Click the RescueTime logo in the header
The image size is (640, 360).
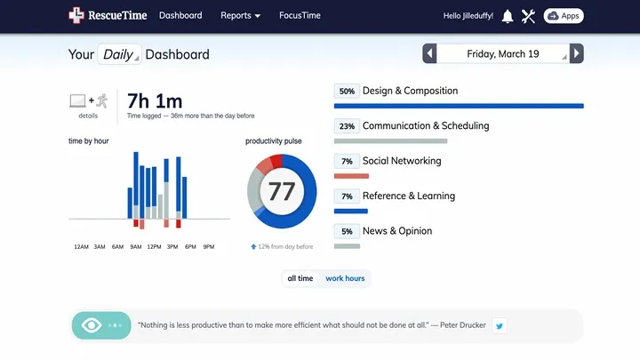click(x=108, y=15)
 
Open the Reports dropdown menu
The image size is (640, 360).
click(x=240, y=16)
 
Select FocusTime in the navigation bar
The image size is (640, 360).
click(x=300, y=16)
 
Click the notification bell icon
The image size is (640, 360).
click(x=508, y=16)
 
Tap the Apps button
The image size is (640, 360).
click(x=564, y=16)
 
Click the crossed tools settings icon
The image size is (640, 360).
click(x=529, y=16)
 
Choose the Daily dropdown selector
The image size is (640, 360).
click(x=119, y=54)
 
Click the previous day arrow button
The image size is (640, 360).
click(x=430, y=54)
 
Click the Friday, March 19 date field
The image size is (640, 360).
click(x=503, y=54)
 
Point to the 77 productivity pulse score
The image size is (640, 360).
click(x=281, y=191)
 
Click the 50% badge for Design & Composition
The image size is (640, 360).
click(x=347, y=92)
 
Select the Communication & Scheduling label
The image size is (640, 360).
click(x=426, y=126)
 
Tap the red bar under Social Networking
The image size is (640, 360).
click(x=352, y=176)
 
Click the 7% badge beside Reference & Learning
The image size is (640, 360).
click(x=347, y=196)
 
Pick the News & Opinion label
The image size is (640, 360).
click(x=397, y=231)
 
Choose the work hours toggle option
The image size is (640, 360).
click(x=345, y=278)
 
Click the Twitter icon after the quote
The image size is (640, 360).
click(x=500, y=325)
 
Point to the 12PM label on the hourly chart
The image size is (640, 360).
click(x=154, y=247)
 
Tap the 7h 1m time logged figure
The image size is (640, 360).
click(x=156, y=100)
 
